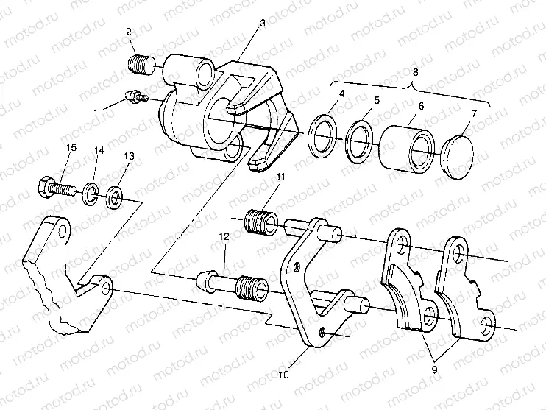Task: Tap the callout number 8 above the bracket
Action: pos(416,73)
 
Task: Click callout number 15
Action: pos(71,149)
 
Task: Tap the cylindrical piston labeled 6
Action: pos(408,150)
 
